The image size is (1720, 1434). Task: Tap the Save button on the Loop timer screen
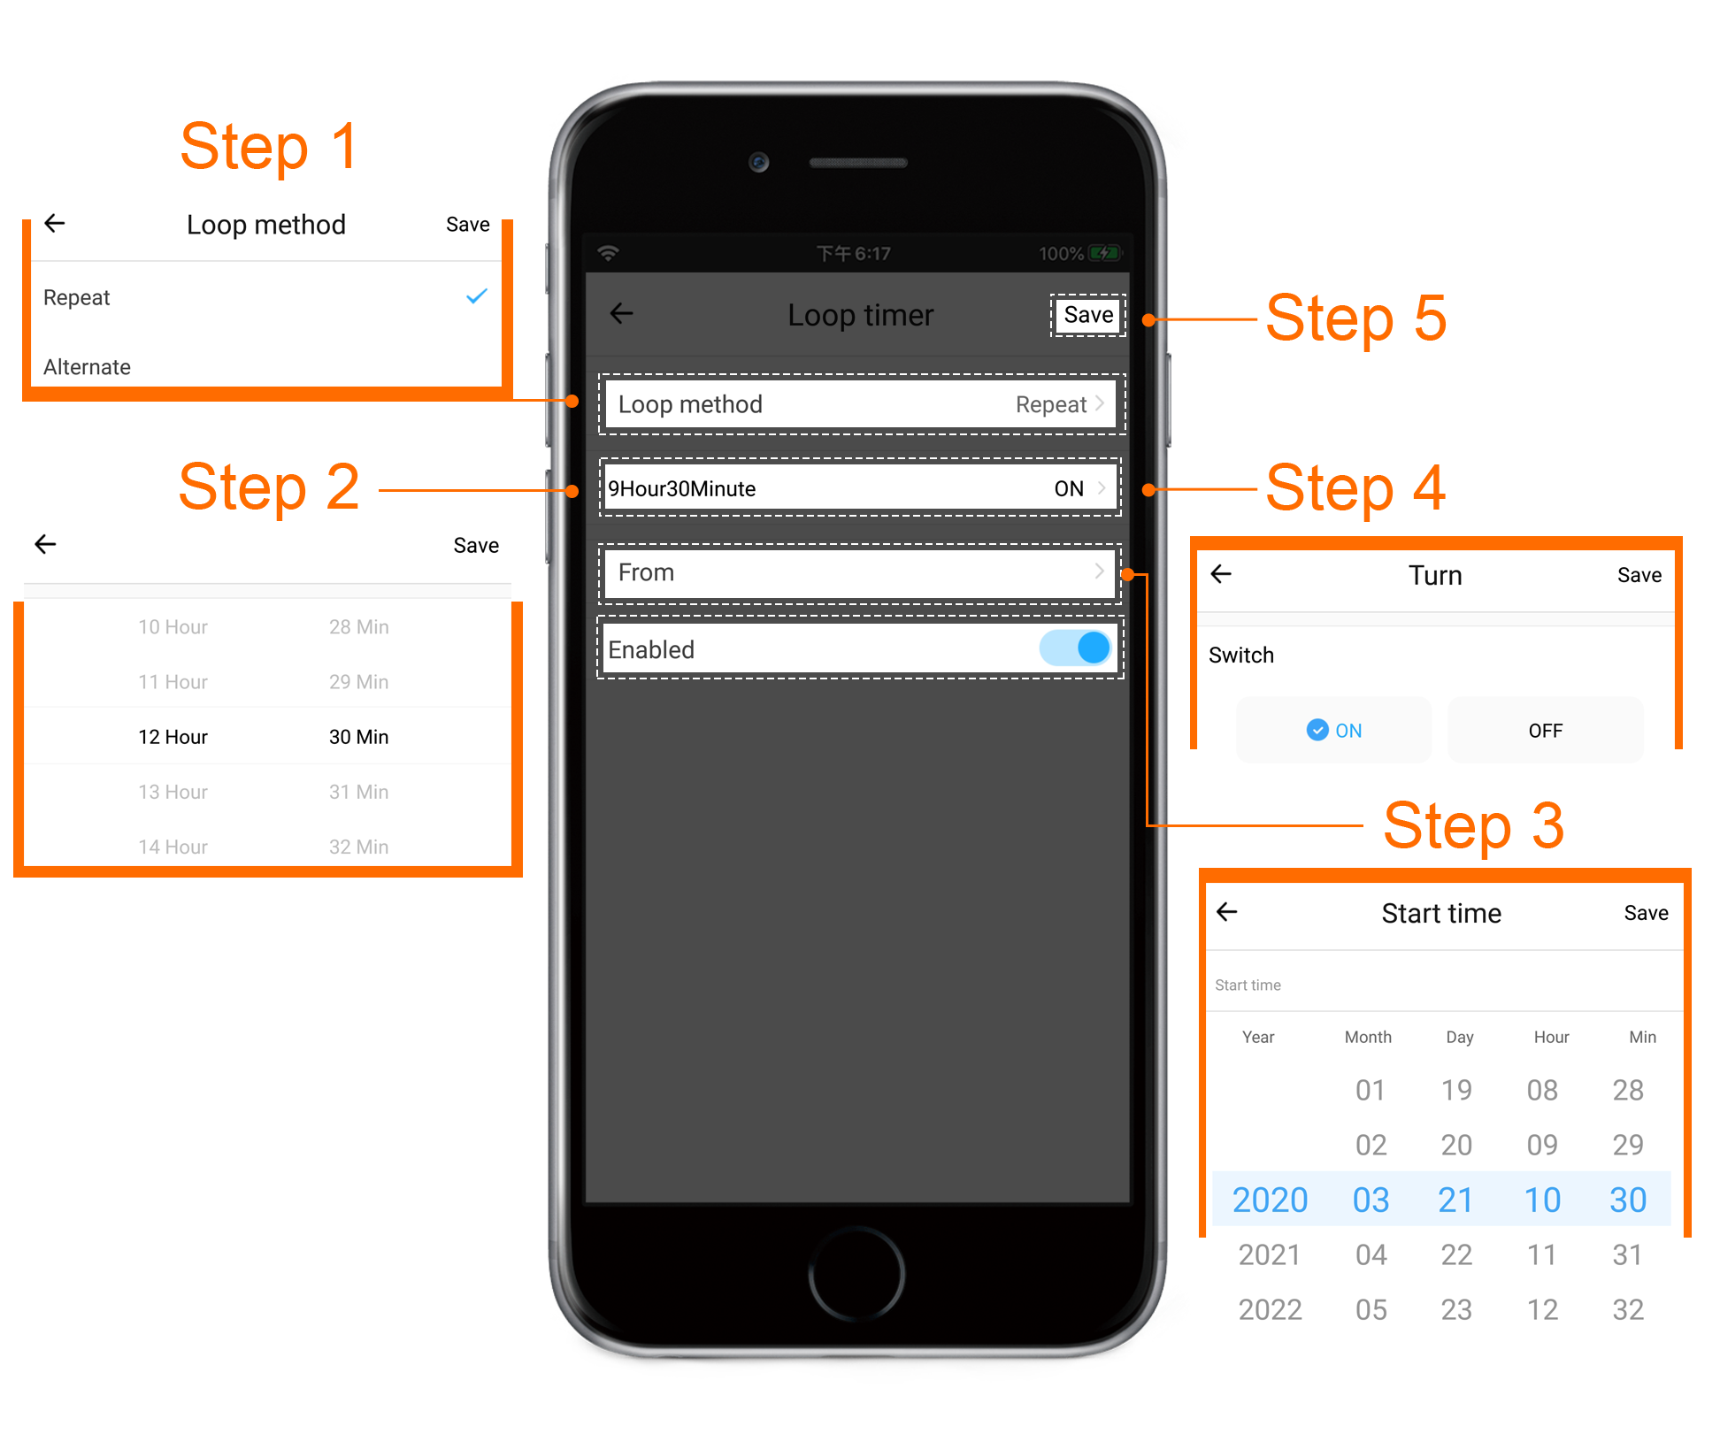coord(1088,315)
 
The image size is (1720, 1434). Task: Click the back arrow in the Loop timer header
coord(622,313)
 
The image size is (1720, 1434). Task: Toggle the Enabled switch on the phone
coord(1076,648)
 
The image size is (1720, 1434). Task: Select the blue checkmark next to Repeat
coord(477,296)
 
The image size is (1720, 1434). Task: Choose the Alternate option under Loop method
coord(87,367)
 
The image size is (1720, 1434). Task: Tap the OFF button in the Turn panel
coord(1545,730)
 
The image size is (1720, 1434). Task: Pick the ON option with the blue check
coord(1334,730)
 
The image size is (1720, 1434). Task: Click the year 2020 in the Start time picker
coord(1270,1200)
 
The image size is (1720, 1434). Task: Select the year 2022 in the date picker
coord(1270,1309)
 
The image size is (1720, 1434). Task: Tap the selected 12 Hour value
coord(173,737)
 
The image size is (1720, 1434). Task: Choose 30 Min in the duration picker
coord(358,737)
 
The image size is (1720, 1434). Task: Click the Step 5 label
coord(1355,318)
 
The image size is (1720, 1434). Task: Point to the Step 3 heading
coord(1474,825)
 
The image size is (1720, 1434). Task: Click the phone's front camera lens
coord(758,162)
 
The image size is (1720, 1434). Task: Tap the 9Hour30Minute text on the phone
coord(681,489)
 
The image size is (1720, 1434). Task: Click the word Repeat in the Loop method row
coord(1051,405)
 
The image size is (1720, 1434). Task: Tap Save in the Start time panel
coord(1646,913)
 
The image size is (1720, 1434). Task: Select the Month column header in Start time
coord(1368,1037)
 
